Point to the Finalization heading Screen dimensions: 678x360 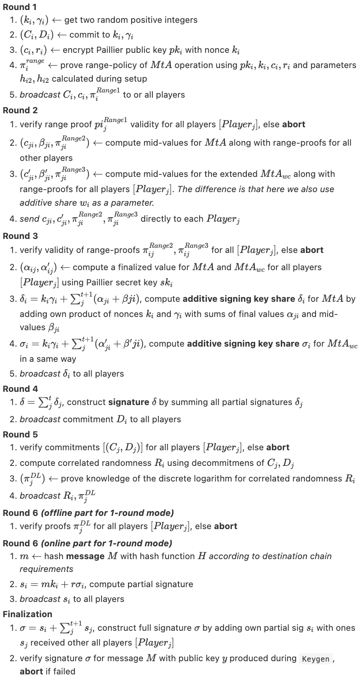tap(27, 614)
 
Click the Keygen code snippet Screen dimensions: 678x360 tap(316, 659)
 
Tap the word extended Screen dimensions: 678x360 tap(238, 174)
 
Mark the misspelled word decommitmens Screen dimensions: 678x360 tap(214, 463)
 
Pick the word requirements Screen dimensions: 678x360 tap(46, 569)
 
